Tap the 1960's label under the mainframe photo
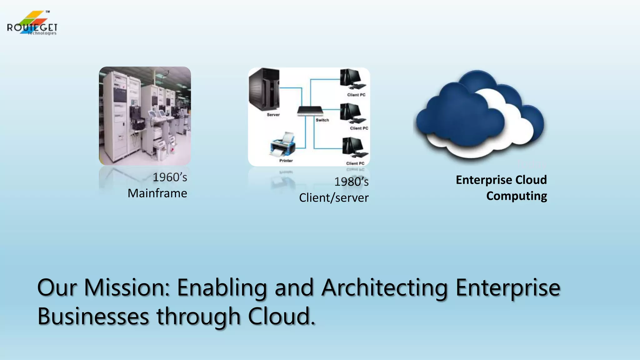click(170, 177)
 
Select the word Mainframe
click(157, 193)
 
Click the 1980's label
click(351, 182)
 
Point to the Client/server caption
click(334, 198)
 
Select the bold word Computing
click(517, 196)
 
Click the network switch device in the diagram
click(310, 111)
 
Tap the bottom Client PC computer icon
click(355, 147)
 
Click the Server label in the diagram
click(273, 115)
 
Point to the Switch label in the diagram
click(322, 120)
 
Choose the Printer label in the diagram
click(286, 161)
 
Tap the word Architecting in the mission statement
click(385, 287)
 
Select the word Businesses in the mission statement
click(93, 316)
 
